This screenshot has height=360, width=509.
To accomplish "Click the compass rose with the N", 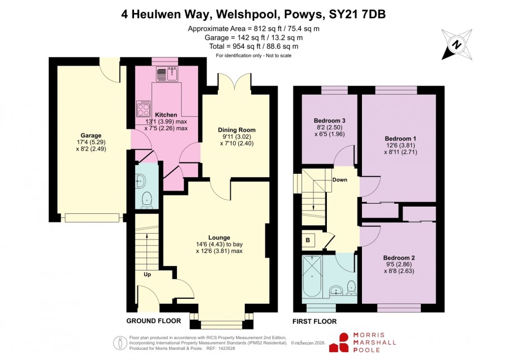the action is pos(457,45).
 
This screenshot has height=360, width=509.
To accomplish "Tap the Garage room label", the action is pos(91,135).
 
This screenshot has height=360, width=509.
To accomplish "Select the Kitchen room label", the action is pos(166,115).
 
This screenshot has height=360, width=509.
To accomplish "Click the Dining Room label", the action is pos(236,130).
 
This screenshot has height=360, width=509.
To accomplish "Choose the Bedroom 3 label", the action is pos(330,121).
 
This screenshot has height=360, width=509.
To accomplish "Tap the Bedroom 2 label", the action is pos(399,258).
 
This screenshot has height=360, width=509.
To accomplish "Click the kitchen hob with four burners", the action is pos(143,108).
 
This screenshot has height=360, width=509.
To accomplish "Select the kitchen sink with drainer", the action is pos(166,74).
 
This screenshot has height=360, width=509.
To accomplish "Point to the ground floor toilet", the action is pos(148,199).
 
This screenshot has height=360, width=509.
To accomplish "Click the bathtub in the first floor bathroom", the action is pos(312,276).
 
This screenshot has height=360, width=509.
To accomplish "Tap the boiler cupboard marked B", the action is pos(308,240).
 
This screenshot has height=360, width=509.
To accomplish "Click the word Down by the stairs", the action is pos(339,179).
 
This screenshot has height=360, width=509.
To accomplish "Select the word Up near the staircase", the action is pos(147,275).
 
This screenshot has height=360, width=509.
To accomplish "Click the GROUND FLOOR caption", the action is pos(153,321).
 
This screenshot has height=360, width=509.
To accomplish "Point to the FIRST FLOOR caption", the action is pos(314,322).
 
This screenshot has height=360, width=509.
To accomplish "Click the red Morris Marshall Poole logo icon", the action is pos(340,343).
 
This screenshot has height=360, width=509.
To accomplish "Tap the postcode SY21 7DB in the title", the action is pos(357,14).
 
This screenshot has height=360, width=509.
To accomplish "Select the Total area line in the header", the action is pos(254,46).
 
